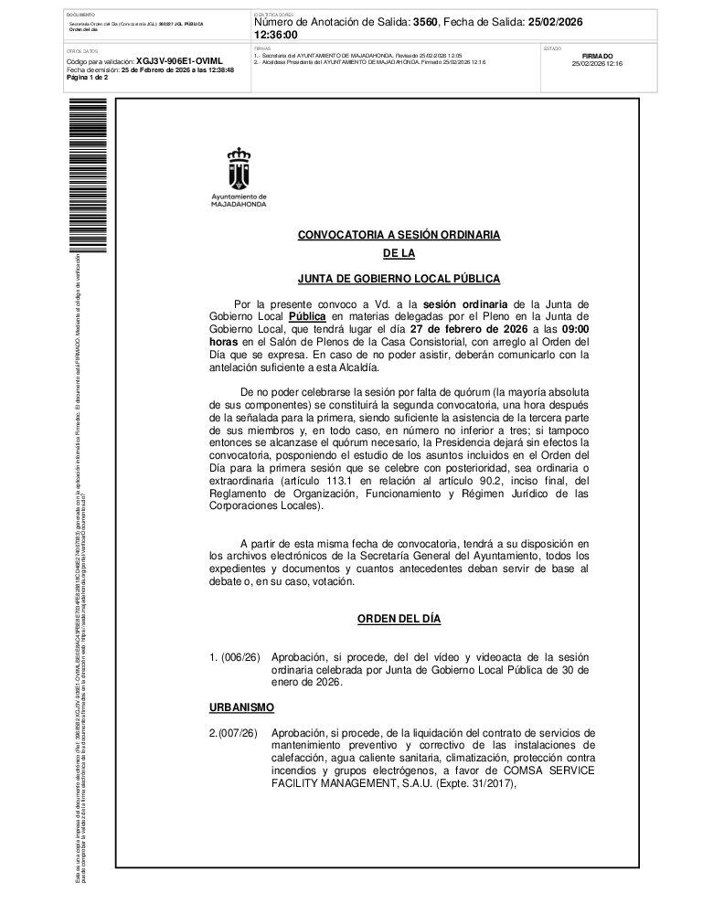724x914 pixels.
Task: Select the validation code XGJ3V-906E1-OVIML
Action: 179,61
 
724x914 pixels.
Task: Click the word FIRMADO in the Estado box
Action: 597,56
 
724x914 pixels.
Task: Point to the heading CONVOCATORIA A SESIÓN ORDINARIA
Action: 399,235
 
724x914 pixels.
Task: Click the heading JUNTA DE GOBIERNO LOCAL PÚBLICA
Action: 399,278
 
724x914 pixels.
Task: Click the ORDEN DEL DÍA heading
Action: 399,619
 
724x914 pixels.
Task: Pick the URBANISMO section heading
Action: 241,708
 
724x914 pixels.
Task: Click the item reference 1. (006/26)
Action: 234,657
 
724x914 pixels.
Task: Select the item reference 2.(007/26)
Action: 233,733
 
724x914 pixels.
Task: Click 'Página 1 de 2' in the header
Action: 87,78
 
